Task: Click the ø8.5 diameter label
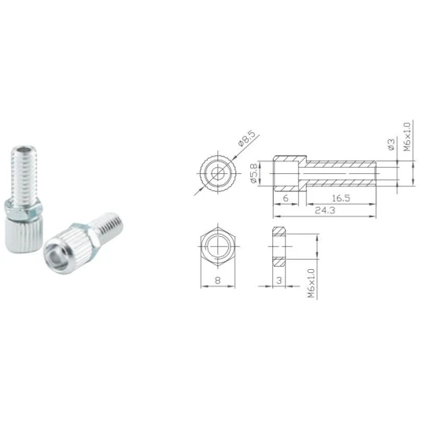coord(246,139)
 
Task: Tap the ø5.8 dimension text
coord(254,173)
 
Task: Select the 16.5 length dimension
coord(341,198)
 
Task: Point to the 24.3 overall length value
coord(325,210)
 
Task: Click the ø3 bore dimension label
coord(391,144)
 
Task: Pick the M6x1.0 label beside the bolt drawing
coord(408,137)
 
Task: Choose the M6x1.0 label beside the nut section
coord(311,283)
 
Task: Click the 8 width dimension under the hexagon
coord(218,280)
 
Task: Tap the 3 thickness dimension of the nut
coord(279,280)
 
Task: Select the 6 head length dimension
coord(286,198)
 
